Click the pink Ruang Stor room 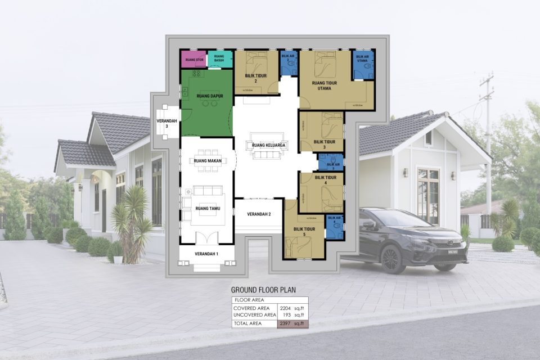pyautogui.click(x=193, y=59)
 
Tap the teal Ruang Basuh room pyautogui.click(x=220, y=59)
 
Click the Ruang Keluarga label pyautogui.click(x=267, y=146)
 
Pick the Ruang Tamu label pyautogui.click(x=206, y=209)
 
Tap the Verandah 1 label pyautogui.click(x=206, y=254)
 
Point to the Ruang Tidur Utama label pyautogui.click(x=324, y=85)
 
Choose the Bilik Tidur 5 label pyautogui.click(x=304, y=232)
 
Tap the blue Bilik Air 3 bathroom pyautogui.click(x=332, y=162)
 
